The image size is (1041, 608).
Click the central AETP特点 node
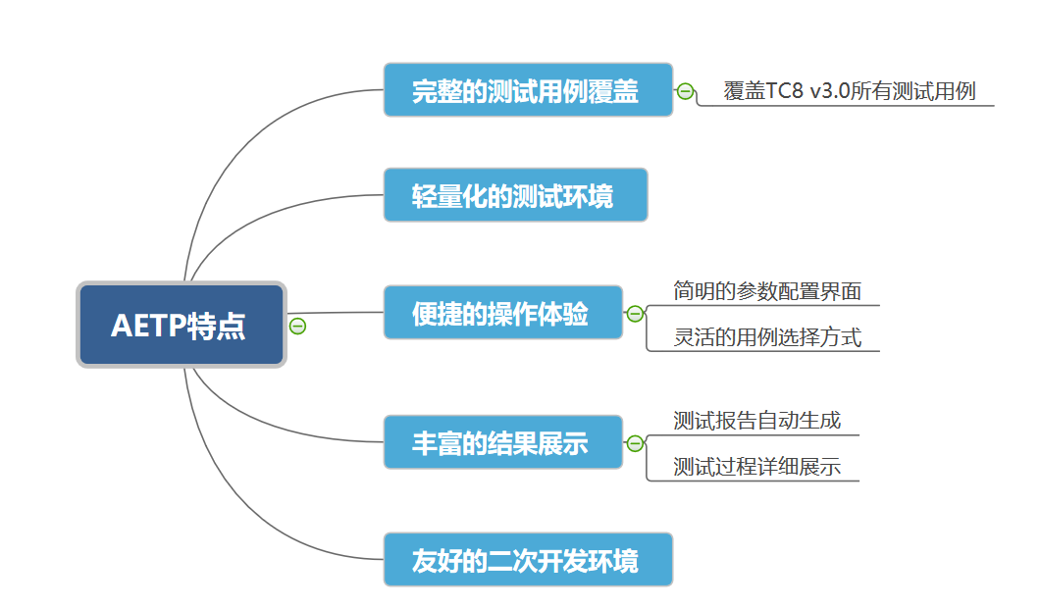click(181, 325)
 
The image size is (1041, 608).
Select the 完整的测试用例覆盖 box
click(528, 90)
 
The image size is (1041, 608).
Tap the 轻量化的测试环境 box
click(515, 195)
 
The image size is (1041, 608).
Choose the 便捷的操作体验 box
click(502, 313)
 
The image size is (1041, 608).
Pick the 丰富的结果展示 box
click(502, 442)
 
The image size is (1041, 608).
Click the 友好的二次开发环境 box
click(528, 560)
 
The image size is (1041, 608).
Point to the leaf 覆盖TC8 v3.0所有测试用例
click(850, 92)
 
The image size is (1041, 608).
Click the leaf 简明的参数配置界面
click(766, 291)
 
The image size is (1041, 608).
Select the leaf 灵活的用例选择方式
click(766, 337)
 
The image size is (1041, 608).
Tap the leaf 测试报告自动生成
click(756, 421)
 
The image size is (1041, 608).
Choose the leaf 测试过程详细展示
click(756, 467)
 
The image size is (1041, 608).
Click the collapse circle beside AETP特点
click(297, 326)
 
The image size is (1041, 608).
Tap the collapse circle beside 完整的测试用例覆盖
click(685, 92)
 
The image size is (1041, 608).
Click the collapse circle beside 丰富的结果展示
click(635, 443)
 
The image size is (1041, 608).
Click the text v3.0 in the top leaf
click(830, 92)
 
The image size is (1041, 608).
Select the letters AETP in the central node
click(147, 325)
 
